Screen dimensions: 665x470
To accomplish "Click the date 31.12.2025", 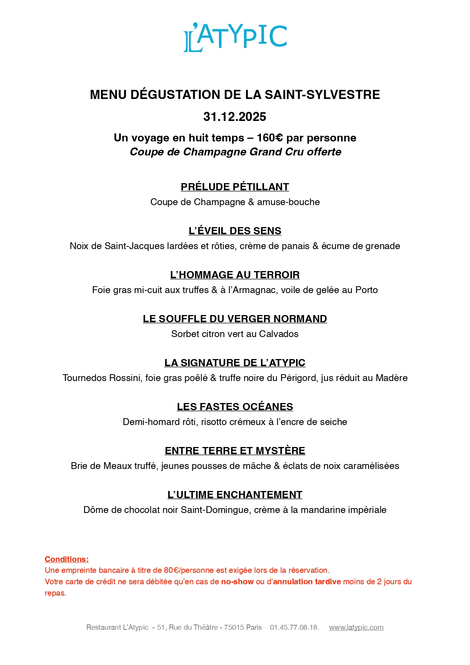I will [235, 117].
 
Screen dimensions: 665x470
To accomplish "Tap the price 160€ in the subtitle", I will [270, 138].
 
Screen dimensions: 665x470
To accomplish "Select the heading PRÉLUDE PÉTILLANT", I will [235, 187].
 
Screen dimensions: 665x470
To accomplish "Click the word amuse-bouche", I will [289, 202].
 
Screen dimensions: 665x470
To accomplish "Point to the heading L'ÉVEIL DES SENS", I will [235, 231].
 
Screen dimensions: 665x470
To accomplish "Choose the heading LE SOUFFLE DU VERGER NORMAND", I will [235, 319].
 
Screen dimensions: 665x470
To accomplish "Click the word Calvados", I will [279, 334].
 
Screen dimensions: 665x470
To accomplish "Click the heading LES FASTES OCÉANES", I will [235, 407].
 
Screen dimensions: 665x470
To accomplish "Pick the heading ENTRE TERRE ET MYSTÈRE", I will [235, 451].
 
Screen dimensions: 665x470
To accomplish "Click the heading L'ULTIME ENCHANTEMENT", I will [235, 495].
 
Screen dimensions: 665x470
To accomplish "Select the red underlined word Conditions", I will [66, 559].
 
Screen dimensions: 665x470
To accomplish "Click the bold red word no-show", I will [237, 582].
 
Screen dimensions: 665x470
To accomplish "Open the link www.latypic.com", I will [356, 627].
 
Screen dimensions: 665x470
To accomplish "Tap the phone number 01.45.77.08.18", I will [294, 627].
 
